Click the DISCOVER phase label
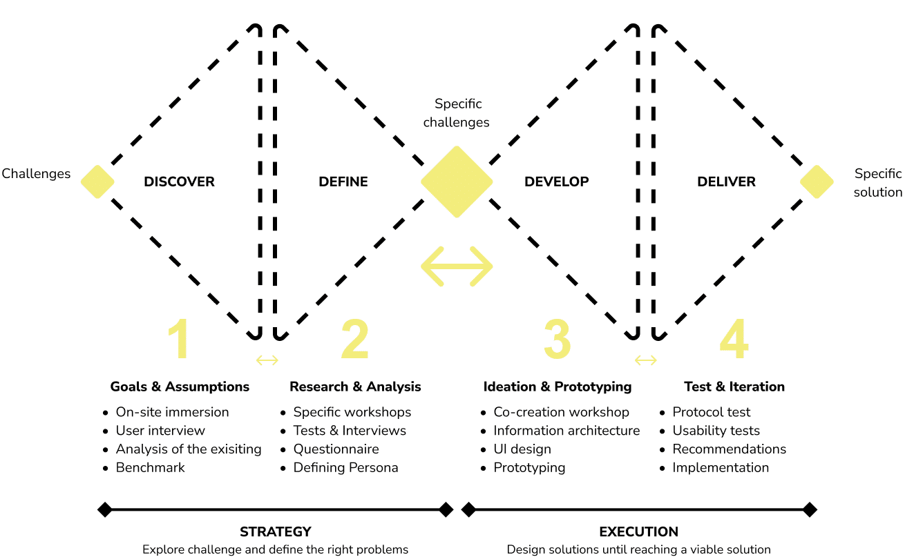[179, 182]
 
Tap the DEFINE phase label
[343, 182]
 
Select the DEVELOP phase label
[556, 182]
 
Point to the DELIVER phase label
[726, 182]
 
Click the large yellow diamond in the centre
[457, 182]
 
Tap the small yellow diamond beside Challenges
[97, 182]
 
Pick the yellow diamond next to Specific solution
[817, 182]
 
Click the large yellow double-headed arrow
[457, 266]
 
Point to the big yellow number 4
[733, 339]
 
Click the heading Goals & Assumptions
[180, 387]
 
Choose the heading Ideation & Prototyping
[557, 387]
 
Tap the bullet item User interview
[160, 431]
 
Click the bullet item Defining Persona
[345, 468]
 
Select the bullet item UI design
[522, 449]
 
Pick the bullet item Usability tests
[716, 431]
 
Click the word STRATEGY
[275, 532]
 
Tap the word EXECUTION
[638, 532]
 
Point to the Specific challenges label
[457, 113]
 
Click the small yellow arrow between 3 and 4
[646, 360]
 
